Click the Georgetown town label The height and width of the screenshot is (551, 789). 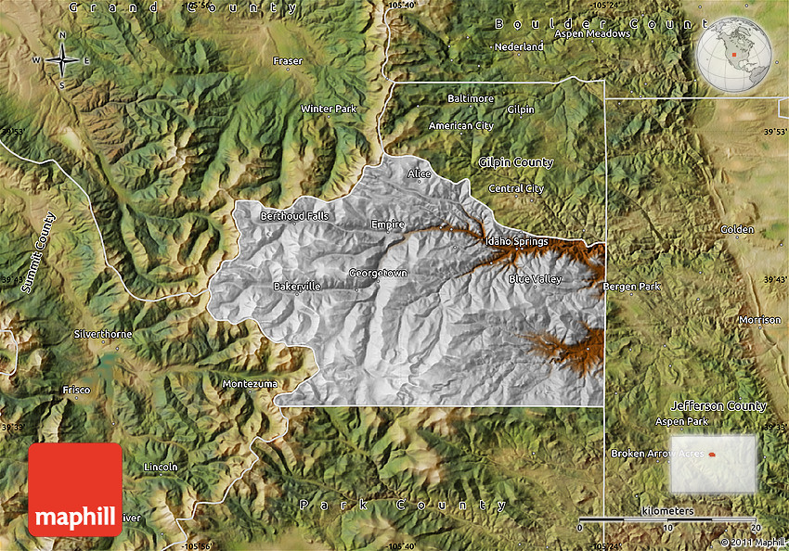point(378,273)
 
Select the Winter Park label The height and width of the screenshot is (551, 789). point(329,109)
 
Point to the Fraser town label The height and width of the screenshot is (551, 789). point(288,61)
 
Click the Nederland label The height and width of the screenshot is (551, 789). point(519,46)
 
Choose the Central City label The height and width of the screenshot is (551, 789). point(516,188)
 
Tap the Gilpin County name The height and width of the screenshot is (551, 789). point(516,162)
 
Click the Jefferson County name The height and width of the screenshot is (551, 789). point(718,405)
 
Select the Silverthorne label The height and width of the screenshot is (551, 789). point(103,333)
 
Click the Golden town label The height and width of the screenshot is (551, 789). point(738,229)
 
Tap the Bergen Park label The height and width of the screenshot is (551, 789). point(632,287)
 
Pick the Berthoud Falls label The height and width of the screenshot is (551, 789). point(294,216)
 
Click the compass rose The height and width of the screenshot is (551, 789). point(62,61)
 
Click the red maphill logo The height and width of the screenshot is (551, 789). point(75,490)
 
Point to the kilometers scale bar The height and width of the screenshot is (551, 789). point(667,519)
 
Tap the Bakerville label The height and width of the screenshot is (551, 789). point(297,287)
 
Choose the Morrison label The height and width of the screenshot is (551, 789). point(760,320)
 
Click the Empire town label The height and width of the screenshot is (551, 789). point(388,224)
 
